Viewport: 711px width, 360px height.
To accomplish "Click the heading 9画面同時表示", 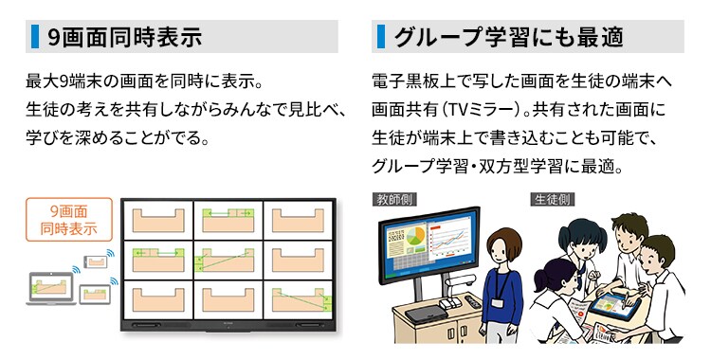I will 125,37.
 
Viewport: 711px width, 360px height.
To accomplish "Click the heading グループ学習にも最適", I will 508,37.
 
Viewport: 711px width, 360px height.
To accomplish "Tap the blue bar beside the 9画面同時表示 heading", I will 35,37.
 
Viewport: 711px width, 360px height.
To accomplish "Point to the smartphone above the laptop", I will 96,261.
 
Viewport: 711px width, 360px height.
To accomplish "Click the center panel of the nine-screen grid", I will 228,260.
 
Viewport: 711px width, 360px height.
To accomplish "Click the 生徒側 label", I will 551,200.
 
